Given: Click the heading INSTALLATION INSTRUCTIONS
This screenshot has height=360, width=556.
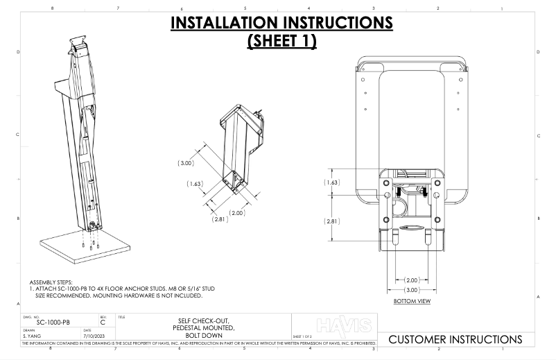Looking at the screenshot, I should (x=281, y=24).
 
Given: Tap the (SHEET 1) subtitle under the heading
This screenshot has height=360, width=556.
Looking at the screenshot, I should (x=281, y=41).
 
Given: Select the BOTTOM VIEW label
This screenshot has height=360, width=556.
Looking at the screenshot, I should (x=412, y=302).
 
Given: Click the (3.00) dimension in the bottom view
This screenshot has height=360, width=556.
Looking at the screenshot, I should (x=412, y=289).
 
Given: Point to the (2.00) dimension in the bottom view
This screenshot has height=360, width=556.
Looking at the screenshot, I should (x=412, y=280).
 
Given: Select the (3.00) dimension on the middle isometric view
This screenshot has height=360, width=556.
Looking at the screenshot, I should (x=186, y=163).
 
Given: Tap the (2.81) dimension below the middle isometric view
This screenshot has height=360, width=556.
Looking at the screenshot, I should (x=220, y=218).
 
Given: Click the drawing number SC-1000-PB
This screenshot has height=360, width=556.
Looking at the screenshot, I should (x=53, y=323).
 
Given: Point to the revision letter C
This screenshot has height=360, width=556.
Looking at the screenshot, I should (x=103, y=323).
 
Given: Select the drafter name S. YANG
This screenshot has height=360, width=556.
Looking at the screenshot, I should (x=34, y=336).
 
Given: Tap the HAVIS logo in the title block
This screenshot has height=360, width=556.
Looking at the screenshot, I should (x=344, y=325).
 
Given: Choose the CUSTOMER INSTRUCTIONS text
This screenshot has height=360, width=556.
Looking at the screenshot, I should (x=455, y=339).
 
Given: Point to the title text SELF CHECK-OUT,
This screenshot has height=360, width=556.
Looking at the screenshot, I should (x=204, y=321).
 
